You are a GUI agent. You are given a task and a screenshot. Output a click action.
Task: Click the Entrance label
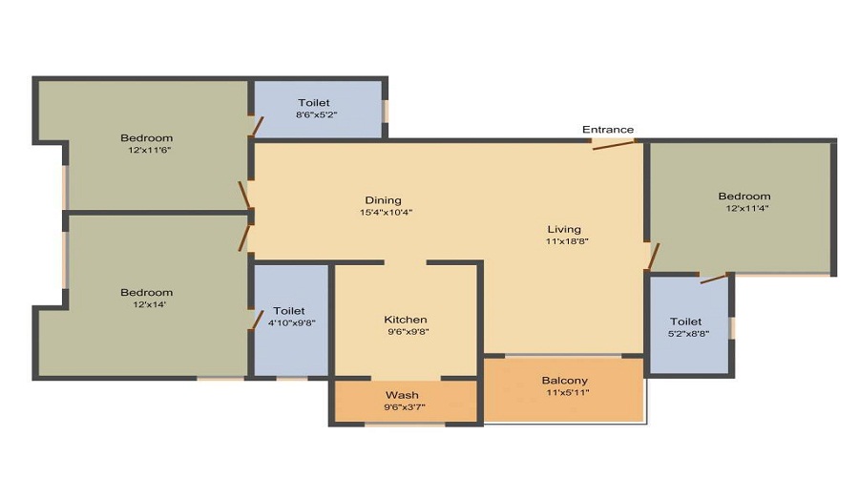click(608, 130)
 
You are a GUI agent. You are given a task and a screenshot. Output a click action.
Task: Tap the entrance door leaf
click(614, 145)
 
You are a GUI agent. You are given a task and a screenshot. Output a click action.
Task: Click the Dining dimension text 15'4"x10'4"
click(386, 213)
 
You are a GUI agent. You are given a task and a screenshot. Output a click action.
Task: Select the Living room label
click(564, 229)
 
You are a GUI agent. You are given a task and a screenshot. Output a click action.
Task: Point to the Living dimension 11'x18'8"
click(567, 241)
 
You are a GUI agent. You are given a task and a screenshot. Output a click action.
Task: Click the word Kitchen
click(406, 320)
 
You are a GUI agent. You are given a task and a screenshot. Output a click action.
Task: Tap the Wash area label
click(402, 395)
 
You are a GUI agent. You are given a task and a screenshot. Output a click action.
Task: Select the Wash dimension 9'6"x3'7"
click(405, 407)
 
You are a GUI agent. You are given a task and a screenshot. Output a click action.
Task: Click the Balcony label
click(565, 381)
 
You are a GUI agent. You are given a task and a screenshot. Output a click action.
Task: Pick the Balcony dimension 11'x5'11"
click(568, 392)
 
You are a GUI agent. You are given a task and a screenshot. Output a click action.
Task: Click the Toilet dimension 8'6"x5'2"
click(316, 115)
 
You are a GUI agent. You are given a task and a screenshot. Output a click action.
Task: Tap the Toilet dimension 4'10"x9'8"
click(291, 323)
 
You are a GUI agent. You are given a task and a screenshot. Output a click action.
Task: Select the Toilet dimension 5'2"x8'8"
click(688, 334)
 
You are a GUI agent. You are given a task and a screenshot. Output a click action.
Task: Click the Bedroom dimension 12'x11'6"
click(150, 150)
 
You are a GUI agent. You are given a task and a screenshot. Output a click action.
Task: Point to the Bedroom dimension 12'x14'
click(150, 304)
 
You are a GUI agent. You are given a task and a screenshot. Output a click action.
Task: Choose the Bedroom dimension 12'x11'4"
click(747, 208)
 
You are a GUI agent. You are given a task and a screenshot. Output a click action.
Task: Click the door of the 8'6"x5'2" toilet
click(257, 126)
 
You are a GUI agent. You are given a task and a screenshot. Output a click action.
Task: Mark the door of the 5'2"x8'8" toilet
click(714, 278)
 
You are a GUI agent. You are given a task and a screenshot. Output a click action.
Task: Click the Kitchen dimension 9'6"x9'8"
click(409, 331)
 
